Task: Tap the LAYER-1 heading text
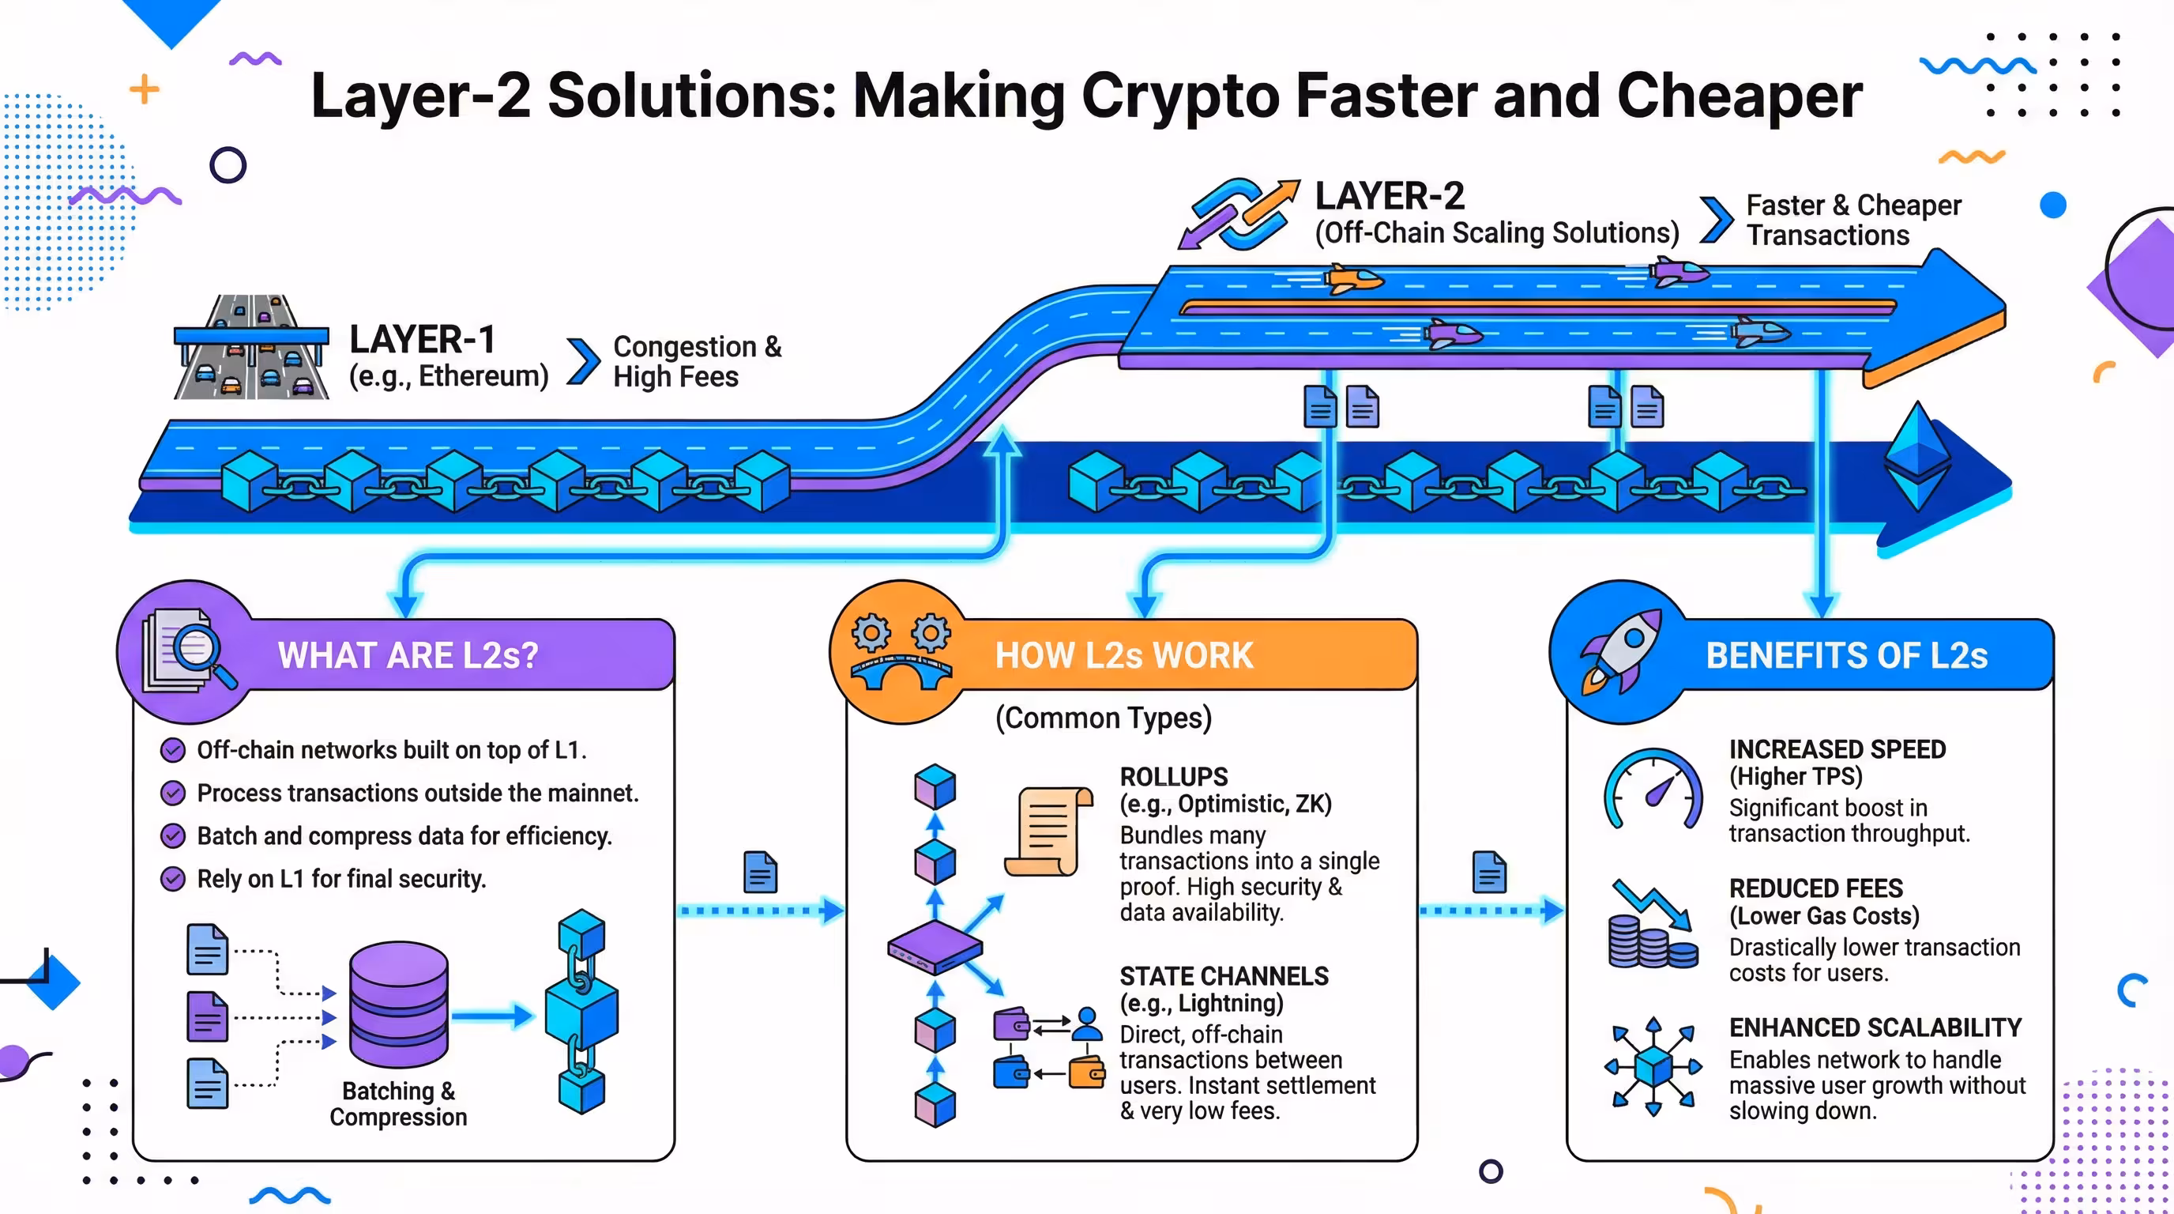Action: coord(422,339)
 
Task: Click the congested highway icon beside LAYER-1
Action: coord(250,347)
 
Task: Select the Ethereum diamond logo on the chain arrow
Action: coord(1917,457)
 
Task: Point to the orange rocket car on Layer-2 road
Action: coord(1353,277)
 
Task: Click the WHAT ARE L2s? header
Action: coord(408,655)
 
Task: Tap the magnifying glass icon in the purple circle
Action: coord(202,656)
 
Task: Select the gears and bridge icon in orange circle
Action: coord(901,652)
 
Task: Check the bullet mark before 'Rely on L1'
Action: coord(173,879)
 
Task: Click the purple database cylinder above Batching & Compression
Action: coord(398,1004)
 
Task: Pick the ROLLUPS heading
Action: coord(1173,777)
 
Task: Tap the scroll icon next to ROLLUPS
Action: coord(1048,831)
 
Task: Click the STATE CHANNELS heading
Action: coord(1223,976)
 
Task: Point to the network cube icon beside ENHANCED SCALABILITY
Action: coord(1653,1066)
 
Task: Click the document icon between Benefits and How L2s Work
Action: coord(1489,872)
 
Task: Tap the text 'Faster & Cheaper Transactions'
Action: coord(1852,220)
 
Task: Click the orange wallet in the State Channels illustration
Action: coord(1086,1073)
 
